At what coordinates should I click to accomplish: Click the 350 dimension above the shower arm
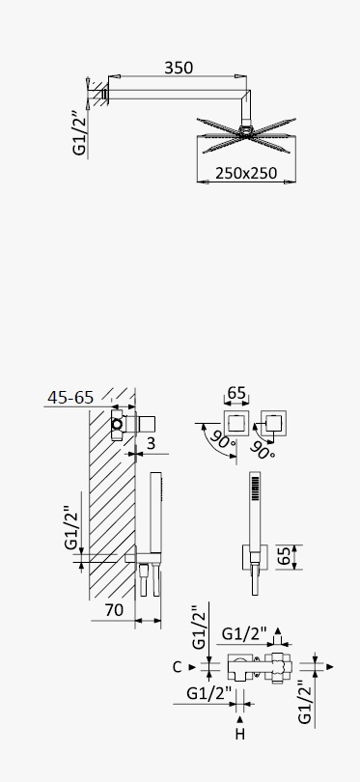(179, 68)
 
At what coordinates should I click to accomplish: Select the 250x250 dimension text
(246, 173)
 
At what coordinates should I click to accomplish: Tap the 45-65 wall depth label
(70, 398)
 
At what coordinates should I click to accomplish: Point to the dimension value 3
(152, 442)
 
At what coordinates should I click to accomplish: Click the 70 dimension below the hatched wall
(114, 610)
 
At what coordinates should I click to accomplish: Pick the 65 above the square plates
(236, 393)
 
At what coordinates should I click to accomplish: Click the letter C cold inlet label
(177, 667)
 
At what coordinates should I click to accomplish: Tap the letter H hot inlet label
(240, 734)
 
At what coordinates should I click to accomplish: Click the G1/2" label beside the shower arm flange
(80, 132)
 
